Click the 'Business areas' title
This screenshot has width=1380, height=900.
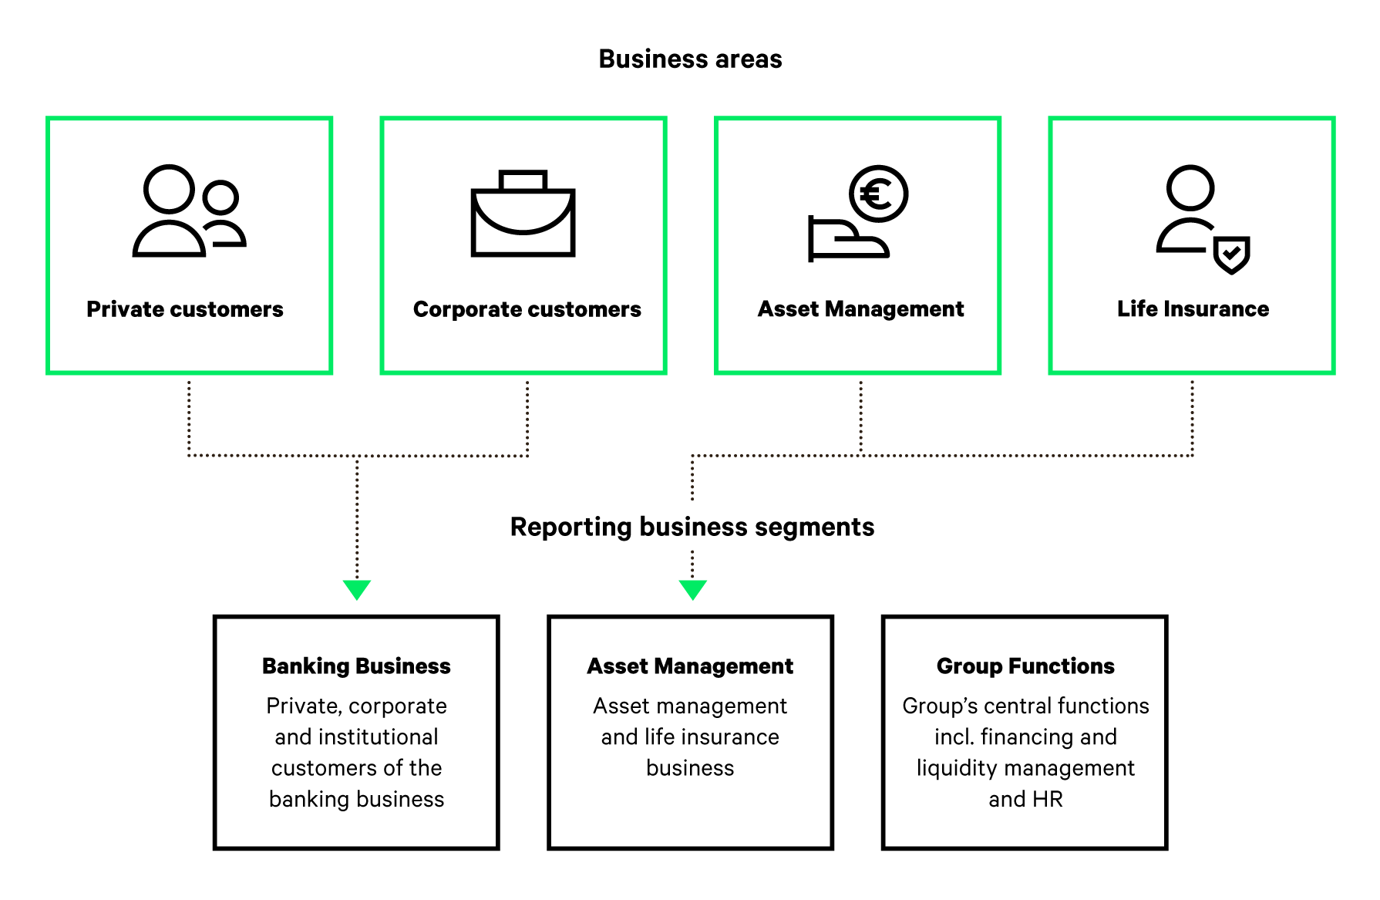690,59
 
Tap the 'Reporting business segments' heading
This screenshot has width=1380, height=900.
692,527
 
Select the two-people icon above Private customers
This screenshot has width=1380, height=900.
189,211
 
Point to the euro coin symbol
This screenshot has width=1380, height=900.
878,194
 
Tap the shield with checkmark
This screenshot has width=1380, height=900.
1231,254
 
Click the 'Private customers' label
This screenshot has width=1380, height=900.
185,309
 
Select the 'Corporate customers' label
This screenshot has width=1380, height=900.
527,309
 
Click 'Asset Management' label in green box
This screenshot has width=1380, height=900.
860,309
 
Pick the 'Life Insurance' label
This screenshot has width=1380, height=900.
1193,309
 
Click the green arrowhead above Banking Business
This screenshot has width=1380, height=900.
357,589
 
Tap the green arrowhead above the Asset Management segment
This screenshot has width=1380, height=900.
692,589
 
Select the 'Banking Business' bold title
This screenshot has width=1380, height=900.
356,666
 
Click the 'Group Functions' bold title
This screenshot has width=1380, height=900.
1025,666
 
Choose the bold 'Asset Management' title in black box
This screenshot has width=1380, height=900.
690,666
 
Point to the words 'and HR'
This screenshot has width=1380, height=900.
1025,799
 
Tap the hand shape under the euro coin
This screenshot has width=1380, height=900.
847,241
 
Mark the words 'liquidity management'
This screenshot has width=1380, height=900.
1025,768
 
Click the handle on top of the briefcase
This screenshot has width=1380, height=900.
523,180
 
